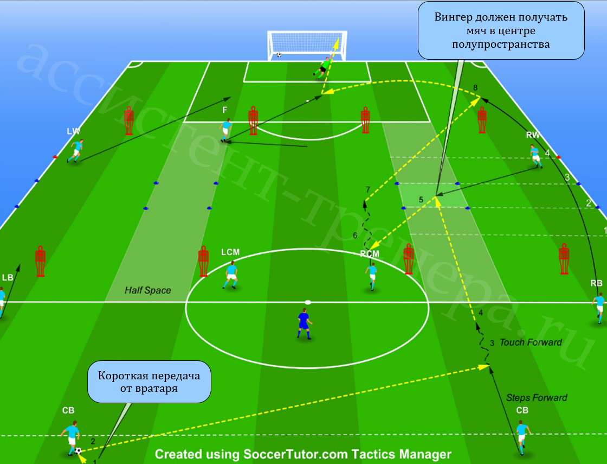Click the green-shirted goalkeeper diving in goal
[323, 68]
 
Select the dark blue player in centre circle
[304, 323]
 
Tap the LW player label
[73, 131]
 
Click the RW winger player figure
[536, 156]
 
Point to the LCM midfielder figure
[231, 275]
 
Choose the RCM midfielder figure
[371, 276]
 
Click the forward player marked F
[225, 131]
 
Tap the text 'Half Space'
[147, 290]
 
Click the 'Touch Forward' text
[531, 342]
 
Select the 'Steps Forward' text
[537, 398]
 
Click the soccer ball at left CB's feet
[78, 451]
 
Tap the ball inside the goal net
[279, 55]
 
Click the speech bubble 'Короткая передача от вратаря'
[149, 382]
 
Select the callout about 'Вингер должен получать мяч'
[501, 30]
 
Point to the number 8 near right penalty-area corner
[475, 87]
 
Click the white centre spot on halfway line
[308, 302]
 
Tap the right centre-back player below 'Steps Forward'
[522, 438]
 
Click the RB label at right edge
[597, 283]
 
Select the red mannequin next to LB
[40, 261]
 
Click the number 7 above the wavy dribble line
[368, 189]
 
